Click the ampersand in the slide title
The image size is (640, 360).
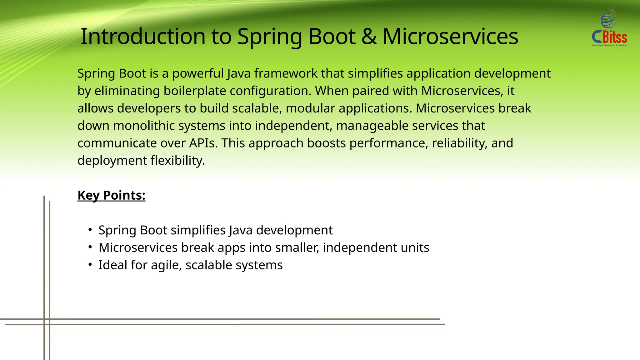pyautogui.click(x=369, y=37)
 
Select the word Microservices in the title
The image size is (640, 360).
pyautogui.click(x=450, y=37)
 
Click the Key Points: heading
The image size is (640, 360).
pyautogui.click(x=111, y=195)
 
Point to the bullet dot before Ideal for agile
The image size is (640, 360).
pyautogui.click(x=90, y=265)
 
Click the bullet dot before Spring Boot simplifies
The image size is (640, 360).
pyautogui.click(x=90, y=230)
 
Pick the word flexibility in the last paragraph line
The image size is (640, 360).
pyautogui.click(x=177, y=161)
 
